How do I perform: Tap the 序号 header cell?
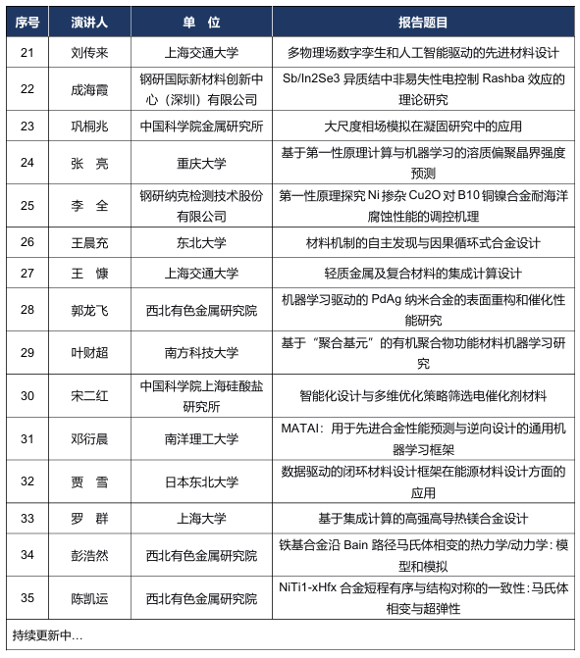click(x=26, y=23)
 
